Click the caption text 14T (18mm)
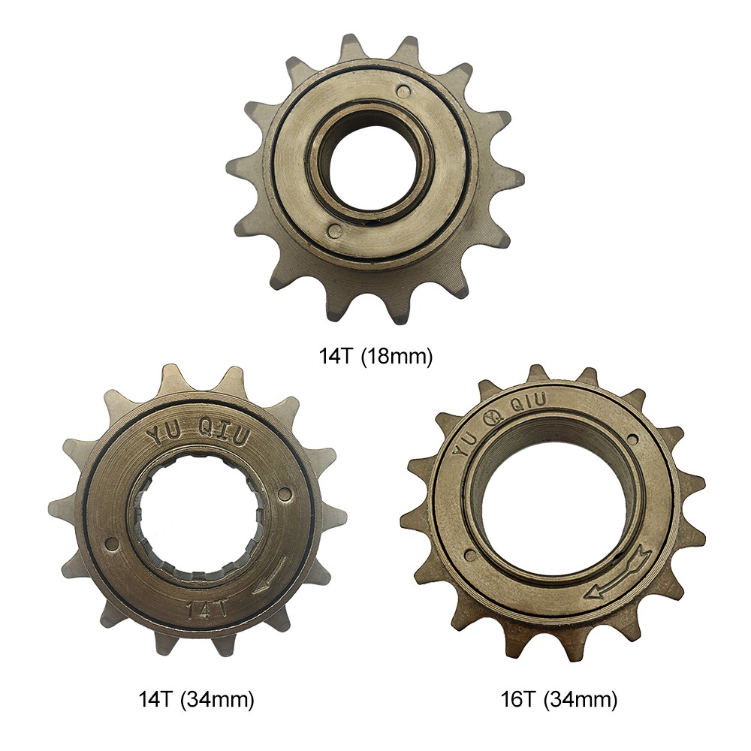pyautogui.click(x=375, y=356)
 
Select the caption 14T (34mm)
pyautogui.click(x=196, y=700)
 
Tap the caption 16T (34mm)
pyautogui.click(x=559, y=700)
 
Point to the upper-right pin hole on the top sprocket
pyautogui.click(x=405, y=89)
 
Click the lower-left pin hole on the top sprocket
pyautogui.click(x=335, y=229)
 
